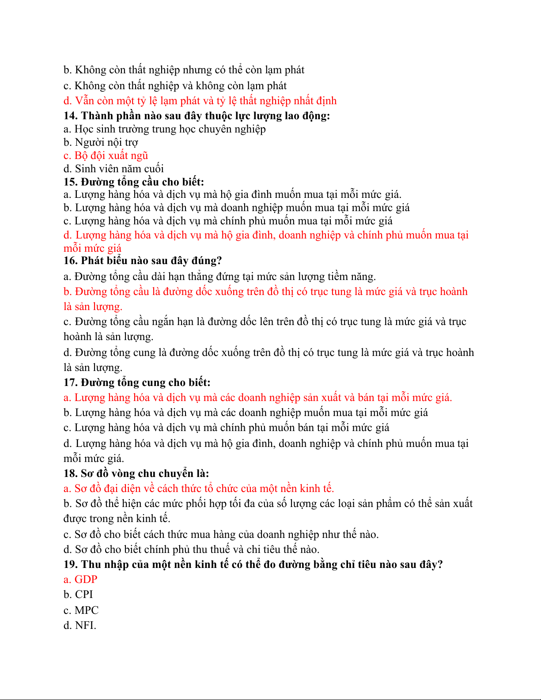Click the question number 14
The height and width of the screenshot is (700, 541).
[x=71, y=116]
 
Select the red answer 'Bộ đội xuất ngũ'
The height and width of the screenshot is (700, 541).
[x=111, y=155]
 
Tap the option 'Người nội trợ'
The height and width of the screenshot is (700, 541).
[x=106, y=142]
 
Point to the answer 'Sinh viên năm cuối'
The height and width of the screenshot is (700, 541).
[x=119, y=169]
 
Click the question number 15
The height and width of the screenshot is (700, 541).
[x=71, y=182]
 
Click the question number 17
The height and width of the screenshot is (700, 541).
[x=71, y=382]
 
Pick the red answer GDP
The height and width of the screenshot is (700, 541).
[x=86, y=579]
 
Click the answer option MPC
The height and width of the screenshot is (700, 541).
[x=86, y=610]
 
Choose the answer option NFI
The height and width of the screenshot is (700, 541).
[x=85, y=625]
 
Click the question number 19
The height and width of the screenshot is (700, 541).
[x=71, y=564]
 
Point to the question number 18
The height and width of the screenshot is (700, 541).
[x=71, y=473]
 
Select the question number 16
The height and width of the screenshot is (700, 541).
[x=71, y=261]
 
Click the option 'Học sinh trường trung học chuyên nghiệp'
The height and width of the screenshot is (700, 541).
[x=170, y=129]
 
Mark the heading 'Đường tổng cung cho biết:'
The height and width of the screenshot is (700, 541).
[x=146, y=382]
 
